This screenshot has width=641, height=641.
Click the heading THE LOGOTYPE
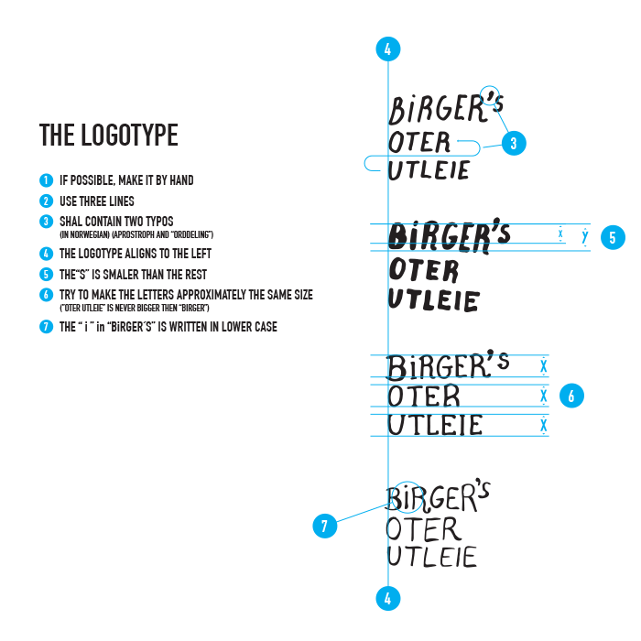click(108, 136)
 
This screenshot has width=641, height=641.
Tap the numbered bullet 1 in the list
click(45, 180)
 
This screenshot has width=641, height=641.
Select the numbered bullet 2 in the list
click(45, 201)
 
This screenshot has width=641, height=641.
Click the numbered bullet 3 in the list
click(45, 222)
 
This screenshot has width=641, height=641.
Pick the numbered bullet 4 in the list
click(45, 254)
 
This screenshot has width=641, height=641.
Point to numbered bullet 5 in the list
click(45, 274)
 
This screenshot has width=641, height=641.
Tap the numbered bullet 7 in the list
click(45, 327)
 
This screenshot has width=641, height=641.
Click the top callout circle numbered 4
click(388, 50)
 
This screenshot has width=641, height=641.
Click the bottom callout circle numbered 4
click(388, 599)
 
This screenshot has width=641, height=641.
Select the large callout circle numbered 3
click(514, 143)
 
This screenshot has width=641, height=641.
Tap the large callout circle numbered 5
click(613, 237)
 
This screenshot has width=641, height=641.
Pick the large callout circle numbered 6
click(571, 397)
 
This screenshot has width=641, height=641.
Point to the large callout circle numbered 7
click(325, 526)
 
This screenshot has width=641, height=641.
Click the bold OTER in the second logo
click(423, 270)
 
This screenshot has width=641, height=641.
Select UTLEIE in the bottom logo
click(431, 556)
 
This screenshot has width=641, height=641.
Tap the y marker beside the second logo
click(584, 236)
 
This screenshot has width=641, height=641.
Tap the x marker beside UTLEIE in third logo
click(544, 426)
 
